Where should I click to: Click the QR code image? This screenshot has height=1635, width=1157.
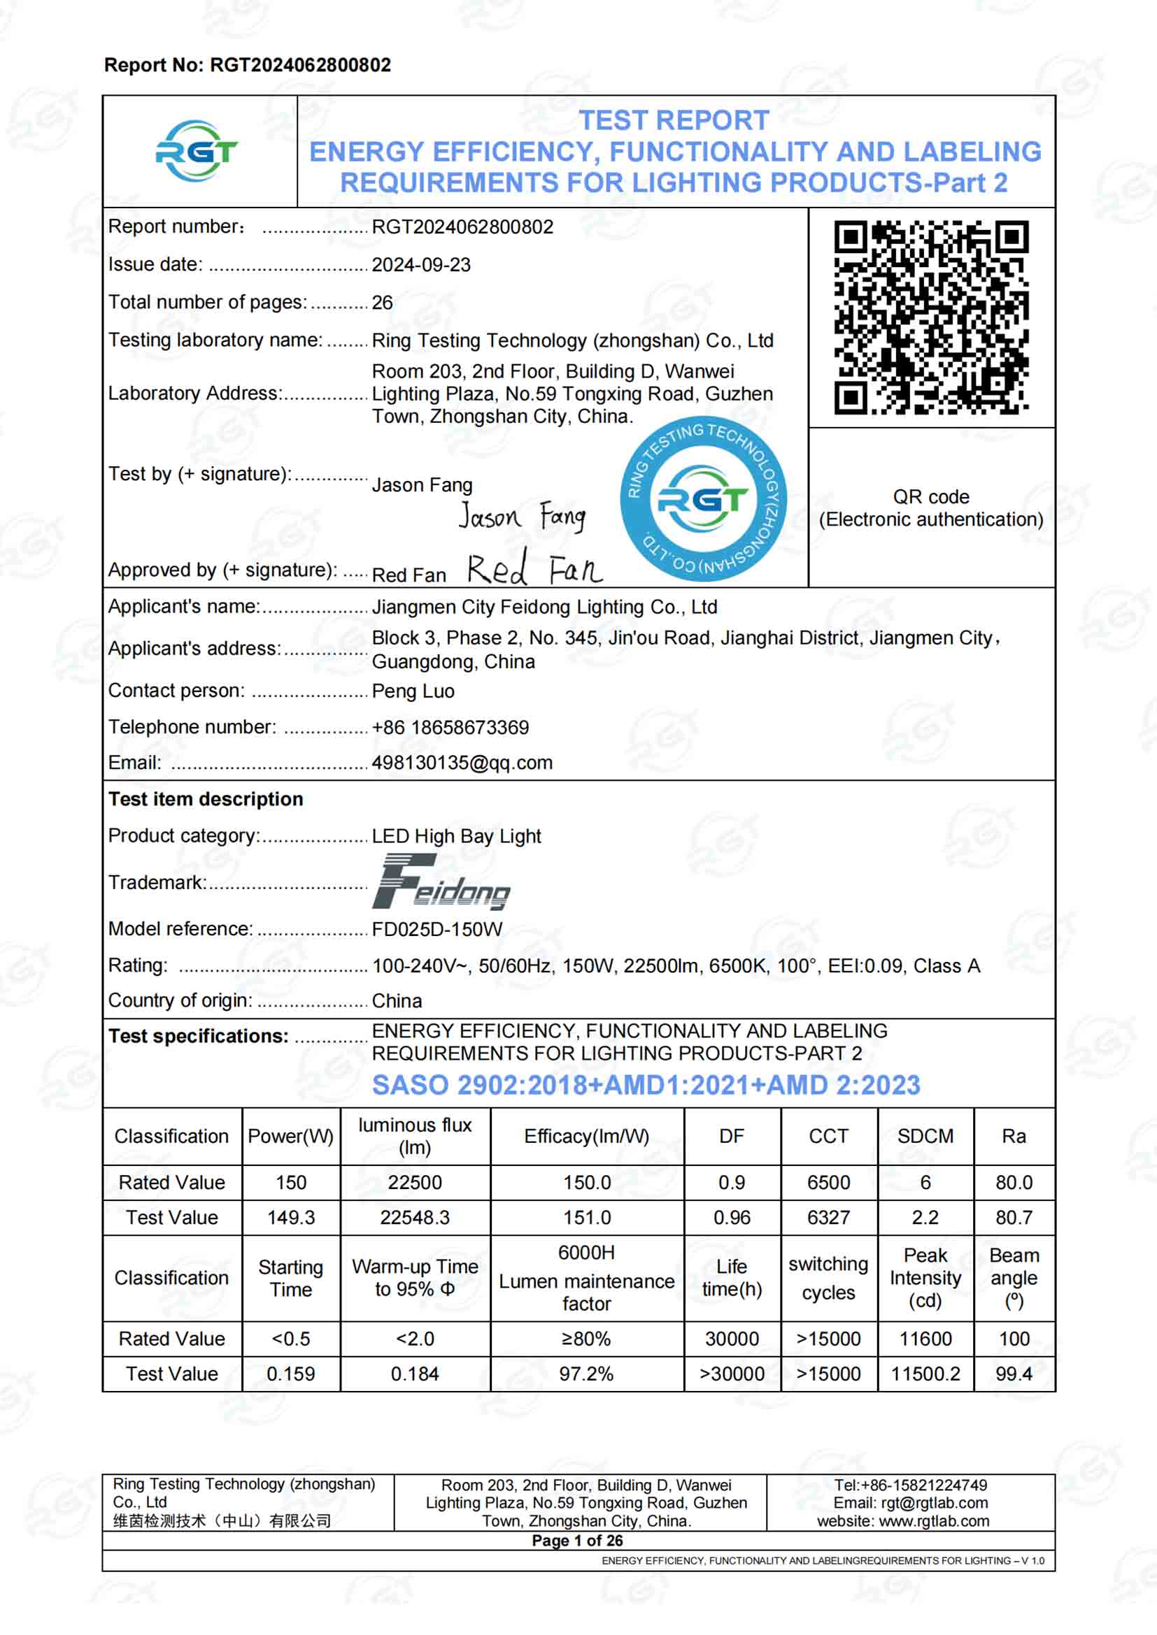click(x=930, y=317)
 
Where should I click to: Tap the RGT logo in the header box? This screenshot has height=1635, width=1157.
click(x=197, y=151)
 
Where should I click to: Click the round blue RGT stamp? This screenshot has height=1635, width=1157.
click(x=702, y=499)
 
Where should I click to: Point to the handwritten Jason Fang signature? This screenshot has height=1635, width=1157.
click(x=523, y=517)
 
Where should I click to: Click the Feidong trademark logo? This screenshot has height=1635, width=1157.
click(x=441, y=882)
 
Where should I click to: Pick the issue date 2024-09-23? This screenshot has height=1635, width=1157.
click(x=421, y=265)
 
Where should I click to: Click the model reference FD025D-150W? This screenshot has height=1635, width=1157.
click(x=436, y=929)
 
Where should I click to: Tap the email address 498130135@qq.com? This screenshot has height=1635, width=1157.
click(x=462, y=763)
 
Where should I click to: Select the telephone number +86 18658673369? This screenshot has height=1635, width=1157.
click(x=450, y=727)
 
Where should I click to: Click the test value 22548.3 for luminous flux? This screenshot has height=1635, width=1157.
click(x=415, y=1218)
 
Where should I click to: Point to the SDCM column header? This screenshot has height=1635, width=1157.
click(x=925, y=1136)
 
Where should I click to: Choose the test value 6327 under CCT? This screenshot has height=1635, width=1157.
click(x=828, y=1218)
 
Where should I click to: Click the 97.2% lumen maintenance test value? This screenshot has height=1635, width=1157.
click(x=585, y=1374)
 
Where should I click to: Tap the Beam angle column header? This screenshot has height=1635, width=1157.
click(x=1014, y=1278)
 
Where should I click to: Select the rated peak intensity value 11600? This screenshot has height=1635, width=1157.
click(x=925, y=1339)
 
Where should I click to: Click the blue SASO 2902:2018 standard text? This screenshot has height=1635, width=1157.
click(x=646, y=1086)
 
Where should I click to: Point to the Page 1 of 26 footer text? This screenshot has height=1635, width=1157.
click(x=577, y=1541)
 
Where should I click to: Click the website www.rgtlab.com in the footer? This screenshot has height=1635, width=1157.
click(x=933, y=1521)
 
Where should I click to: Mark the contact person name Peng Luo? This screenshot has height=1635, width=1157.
click(x=413, y=691)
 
